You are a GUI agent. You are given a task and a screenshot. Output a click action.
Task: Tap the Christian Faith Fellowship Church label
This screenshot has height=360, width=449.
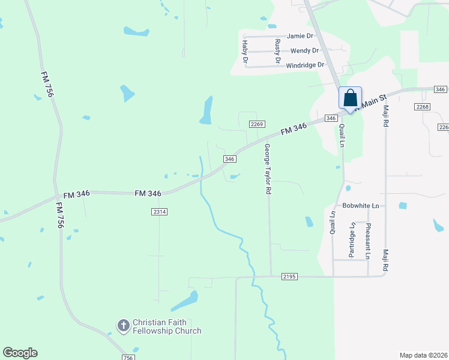click(x=166, y=326)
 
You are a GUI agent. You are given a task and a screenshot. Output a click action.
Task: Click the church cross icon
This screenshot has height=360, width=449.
click(x=124, y=326)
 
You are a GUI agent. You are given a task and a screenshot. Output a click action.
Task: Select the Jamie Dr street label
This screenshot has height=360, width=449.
click(x=300, y=36)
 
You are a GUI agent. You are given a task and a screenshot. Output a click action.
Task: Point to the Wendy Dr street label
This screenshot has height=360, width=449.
click(x=304, y=50)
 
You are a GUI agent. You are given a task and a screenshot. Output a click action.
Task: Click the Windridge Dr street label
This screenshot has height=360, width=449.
click(x=305, y=65)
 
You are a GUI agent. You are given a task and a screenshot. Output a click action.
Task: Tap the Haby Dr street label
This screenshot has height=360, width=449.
click(x=245, y=51)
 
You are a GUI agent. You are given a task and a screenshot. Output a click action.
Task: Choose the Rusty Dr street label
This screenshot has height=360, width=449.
click(x=278, y=51)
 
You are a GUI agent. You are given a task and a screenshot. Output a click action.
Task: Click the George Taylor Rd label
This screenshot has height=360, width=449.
click(x=267, y=169)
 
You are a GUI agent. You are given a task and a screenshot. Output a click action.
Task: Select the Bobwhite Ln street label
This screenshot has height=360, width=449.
click(x=361, y=206)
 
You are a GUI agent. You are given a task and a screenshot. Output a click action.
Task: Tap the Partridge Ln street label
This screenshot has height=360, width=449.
click(x=352, y=239)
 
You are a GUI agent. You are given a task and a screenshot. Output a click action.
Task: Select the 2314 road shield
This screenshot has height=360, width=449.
click(x=159, y=212)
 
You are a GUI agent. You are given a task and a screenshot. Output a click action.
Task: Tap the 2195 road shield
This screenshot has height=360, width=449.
click(x=289, y=277)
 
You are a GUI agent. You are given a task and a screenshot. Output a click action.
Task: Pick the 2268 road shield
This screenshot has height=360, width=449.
click(x=422, y=106)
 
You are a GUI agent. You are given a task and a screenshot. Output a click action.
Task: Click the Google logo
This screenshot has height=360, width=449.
click(x=20, y=353)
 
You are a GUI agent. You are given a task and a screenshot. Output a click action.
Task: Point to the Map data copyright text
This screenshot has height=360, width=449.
click(x=423, y=355)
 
